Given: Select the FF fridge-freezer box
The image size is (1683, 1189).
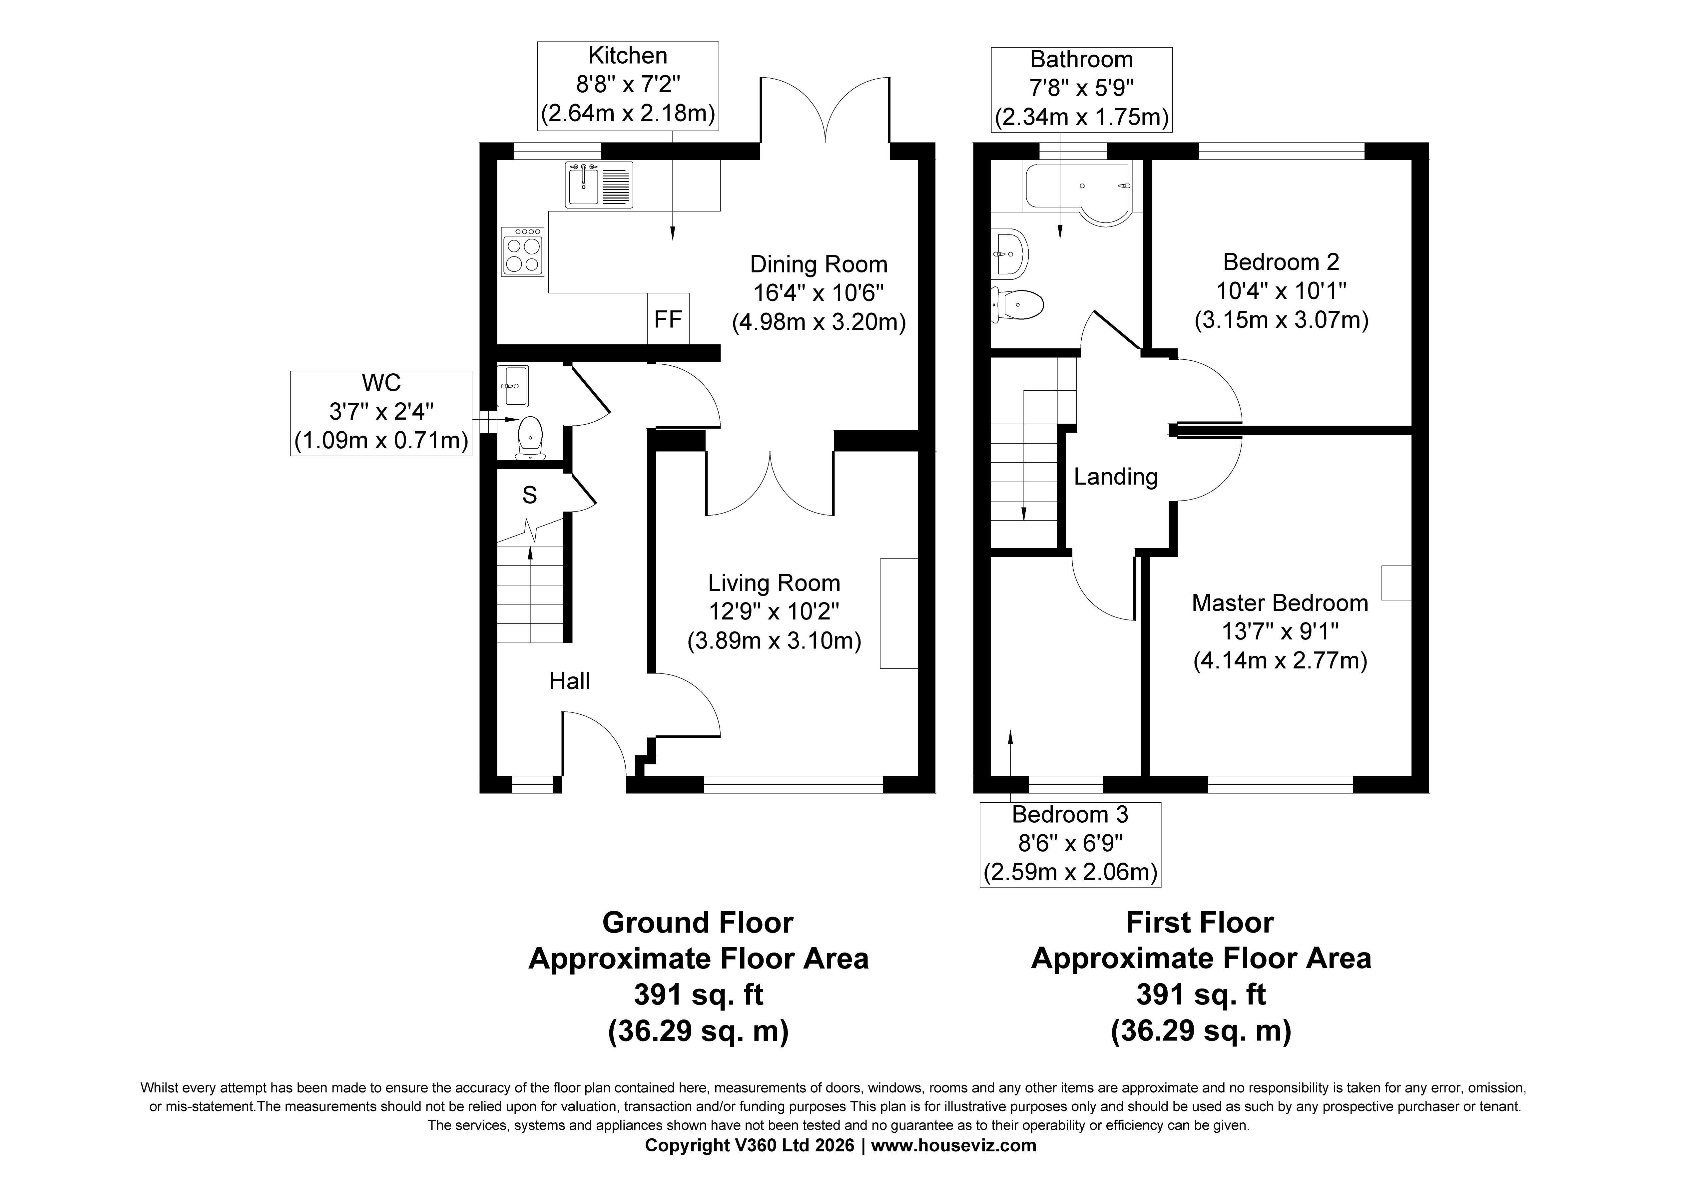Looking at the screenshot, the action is (668, 318).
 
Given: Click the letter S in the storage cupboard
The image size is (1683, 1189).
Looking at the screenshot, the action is (529, 496).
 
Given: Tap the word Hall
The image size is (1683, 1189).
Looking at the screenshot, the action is (570, 681).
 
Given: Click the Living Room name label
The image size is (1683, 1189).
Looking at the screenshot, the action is (774, 583).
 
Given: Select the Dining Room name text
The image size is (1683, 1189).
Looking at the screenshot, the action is (819, 264).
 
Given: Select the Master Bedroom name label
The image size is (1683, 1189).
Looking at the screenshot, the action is (1280, 602).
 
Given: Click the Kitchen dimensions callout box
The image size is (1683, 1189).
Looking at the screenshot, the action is (627, 86).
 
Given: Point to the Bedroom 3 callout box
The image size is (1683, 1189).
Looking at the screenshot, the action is (1070, 845).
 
